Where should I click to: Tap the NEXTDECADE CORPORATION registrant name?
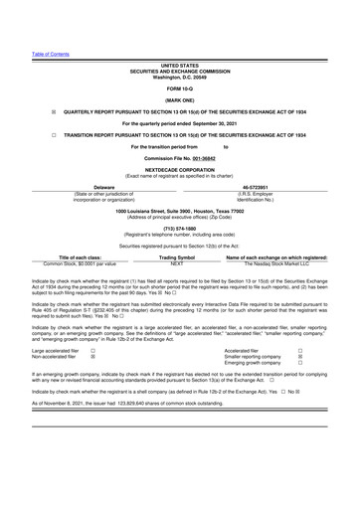point(179,169)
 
